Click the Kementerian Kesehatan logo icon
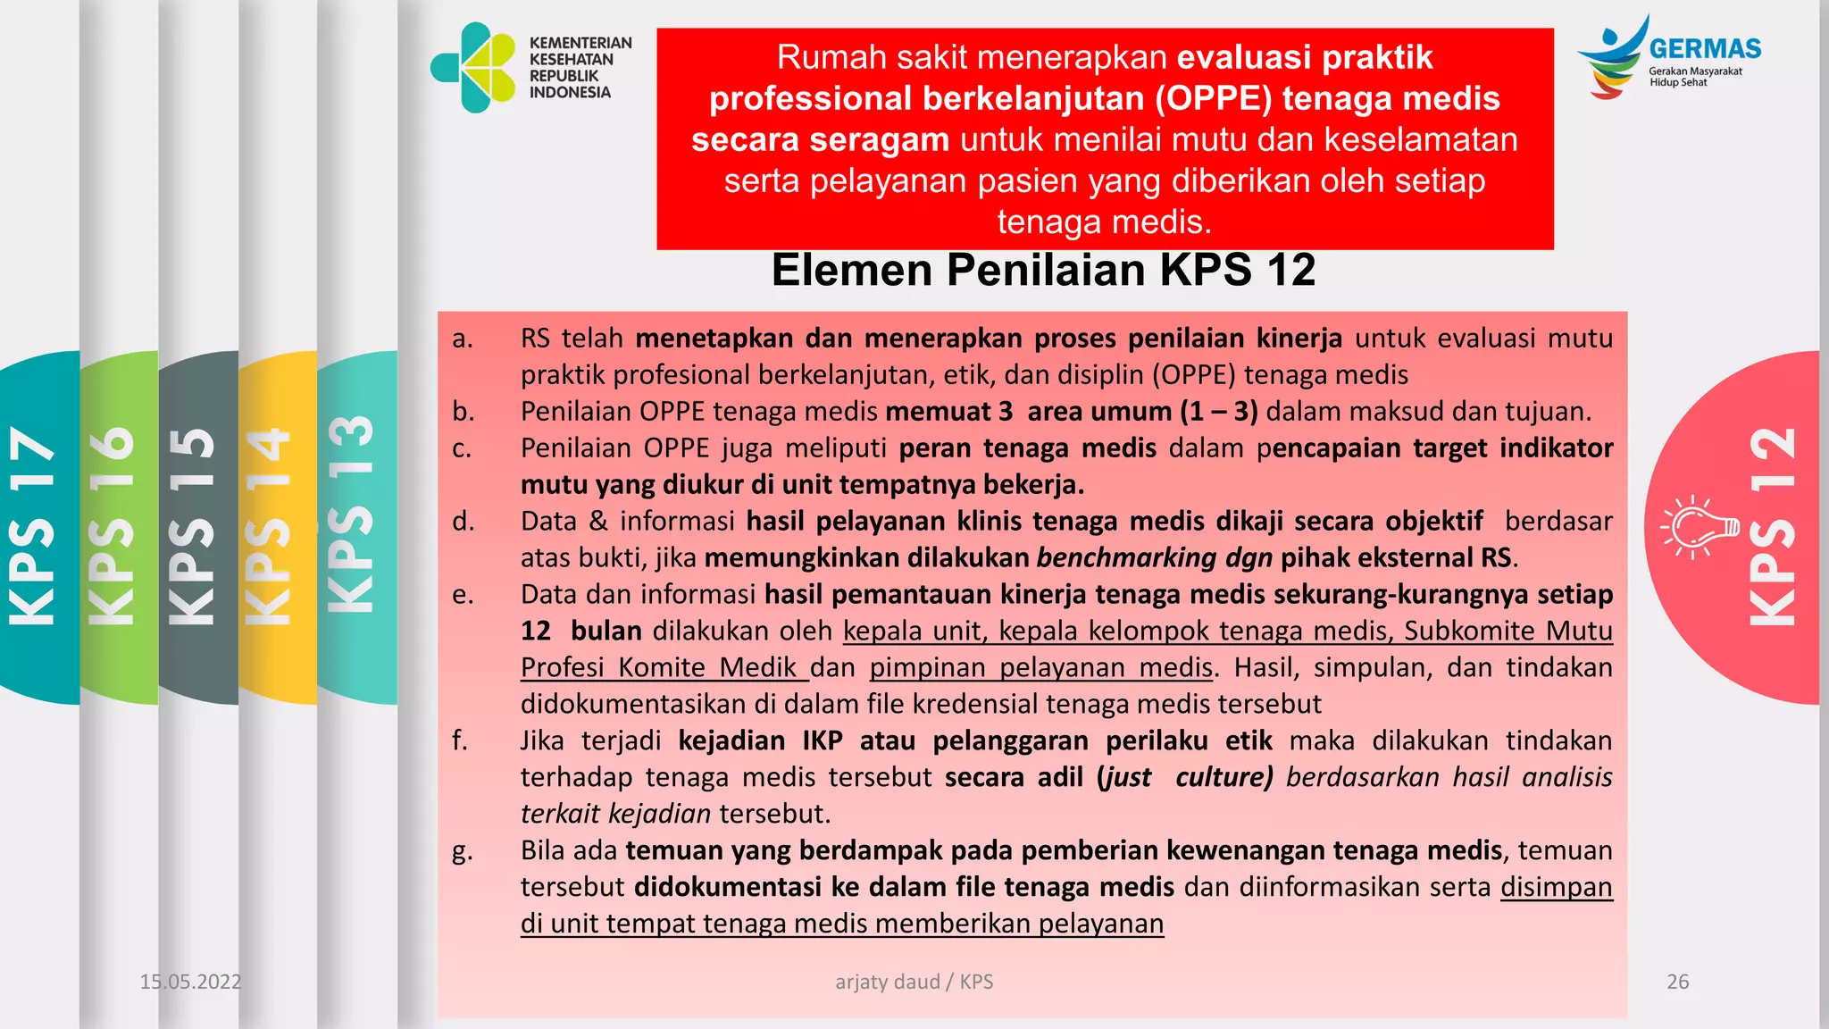(474, 68)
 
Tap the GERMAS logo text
(1704, 49)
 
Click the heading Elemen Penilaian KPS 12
(1043, 270)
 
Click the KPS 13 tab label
(351, 514)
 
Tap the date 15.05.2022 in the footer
(190, 982)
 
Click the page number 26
(1678, 982)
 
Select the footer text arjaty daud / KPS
(914, 982)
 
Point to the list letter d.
(463, 521)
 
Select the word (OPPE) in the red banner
(1213, 98)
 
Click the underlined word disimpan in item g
(1556, 887)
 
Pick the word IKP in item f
(822, 740)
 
